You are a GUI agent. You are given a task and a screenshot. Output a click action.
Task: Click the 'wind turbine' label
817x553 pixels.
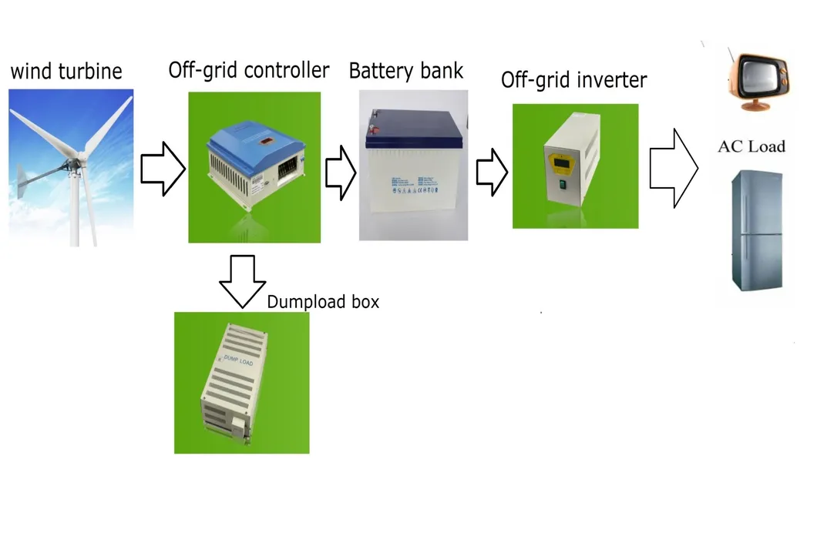[66, 72]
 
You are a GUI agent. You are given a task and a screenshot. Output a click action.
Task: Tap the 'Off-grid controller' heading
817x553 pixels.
[249, 70]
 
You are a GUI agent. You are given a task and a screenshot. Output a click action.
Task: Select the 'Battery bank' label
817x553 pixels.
[406, 72]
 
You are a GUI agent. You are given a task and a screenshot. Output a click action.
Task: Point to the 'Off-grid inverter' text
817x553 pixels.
[573, 80]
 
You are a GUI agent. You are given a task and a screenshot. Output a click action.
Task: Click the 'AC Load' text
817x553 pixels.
[751, 146]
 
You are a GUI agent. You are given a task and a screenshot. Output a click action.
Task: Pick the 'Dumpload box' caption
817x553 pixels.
[323, 302]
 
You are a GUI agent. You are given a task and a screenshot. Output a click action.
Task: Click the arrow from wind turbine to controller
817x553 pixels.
[163, 167]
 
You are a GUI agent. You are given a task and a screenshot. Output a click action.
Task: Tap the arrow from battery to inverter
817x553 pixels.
[491, 171]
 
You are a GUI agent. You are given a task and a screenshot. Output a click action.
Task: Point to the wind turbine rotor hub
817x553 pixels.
[74, 163]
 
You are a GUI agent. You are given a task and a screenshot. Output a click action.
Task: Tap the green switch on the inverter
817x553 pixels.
[564, 183]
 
